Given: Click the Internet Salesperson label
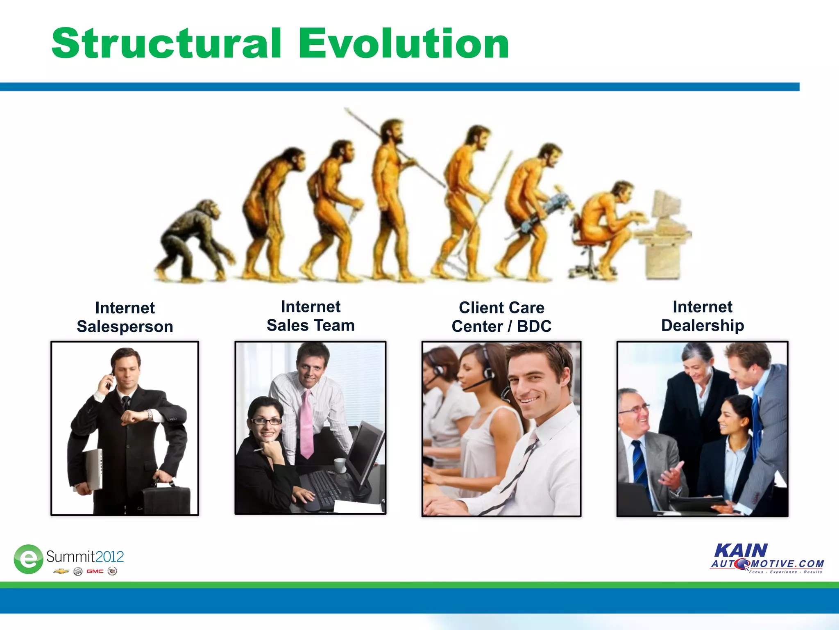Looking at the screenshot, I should (125, 317).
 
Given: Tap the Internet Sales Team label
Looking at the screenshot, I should (311, 316).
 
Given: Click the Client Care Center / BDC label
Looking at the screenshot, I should (501, 317).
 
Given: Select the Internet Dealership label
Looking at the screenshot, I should (703, 316).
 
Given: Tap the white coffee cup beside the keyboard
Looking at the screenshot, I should (340, 465).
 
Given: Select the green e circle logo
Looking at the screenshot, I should (28, 559).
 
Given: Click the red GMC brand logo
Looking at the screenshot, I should (95, 571).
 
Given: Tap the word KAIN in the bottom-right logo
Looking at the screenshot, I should (741, 550).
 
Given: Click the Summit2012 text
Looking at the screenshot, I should (85, 557).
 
